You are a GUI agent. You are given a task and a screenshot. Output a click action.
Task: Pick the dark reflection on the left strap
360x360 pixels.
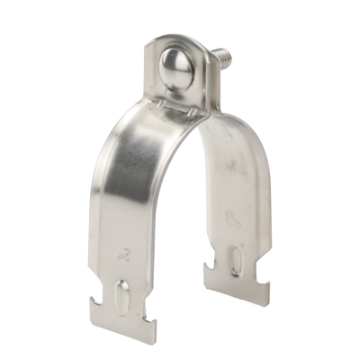(x=135, y=180)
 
